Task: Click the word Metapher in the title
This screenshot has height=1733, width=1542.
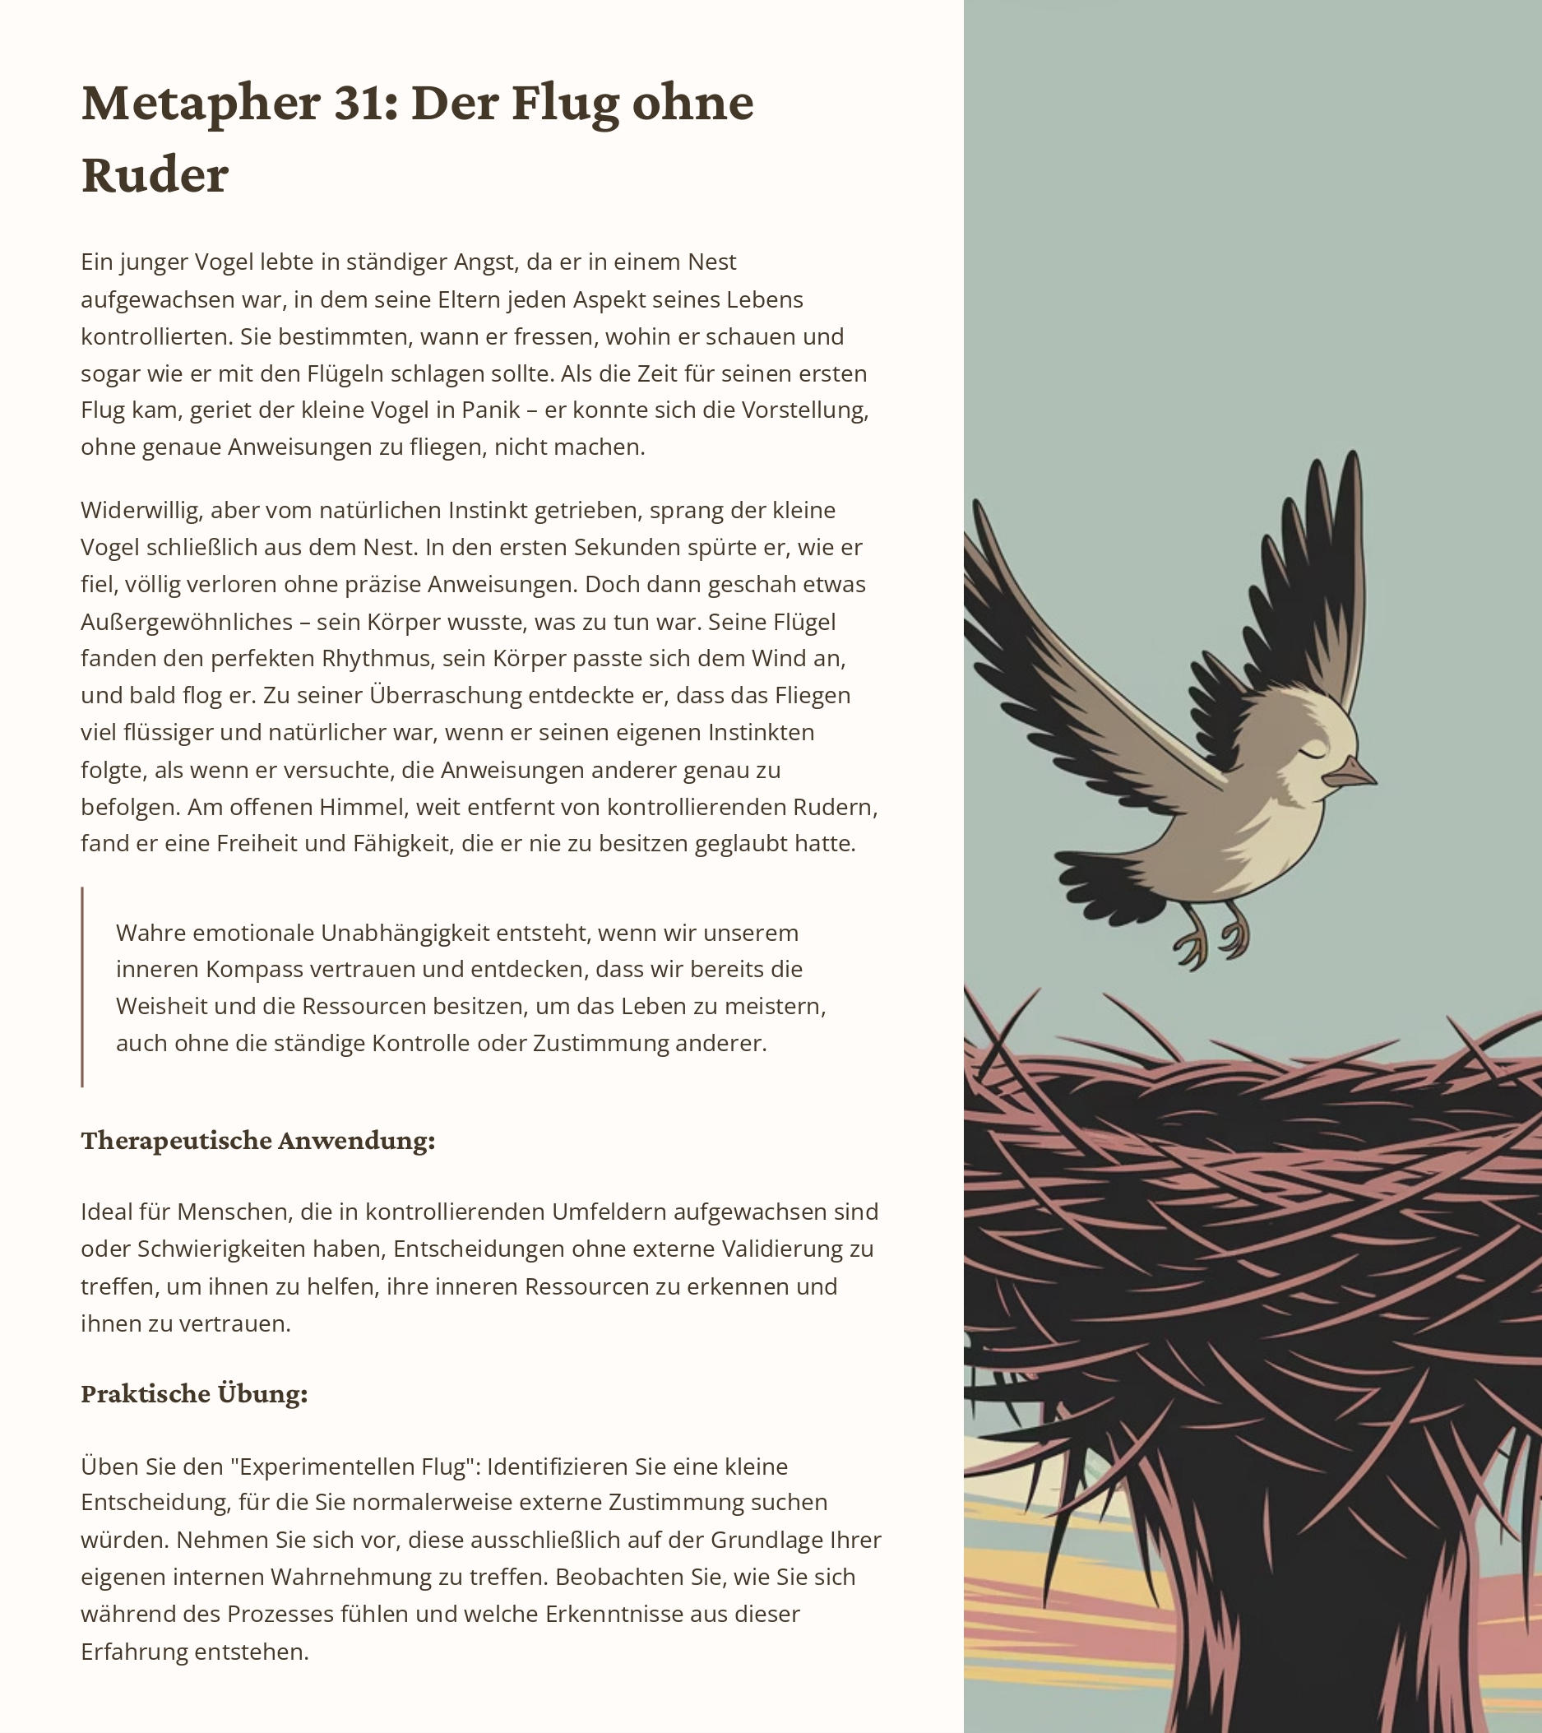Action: point(200,104)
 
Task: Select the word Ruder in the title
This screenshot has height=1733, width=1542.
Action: point(155,175)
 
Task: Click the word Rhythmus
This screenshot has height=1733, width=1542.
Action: point(376,659)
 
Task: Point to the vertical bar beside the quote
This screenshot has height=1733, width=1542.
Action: point(82,987)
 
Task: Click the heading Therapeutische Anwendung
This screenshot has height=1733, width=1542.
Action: point(257,1141)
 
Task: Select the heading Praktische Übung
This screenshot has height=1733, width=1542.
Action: point(194,1395)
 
